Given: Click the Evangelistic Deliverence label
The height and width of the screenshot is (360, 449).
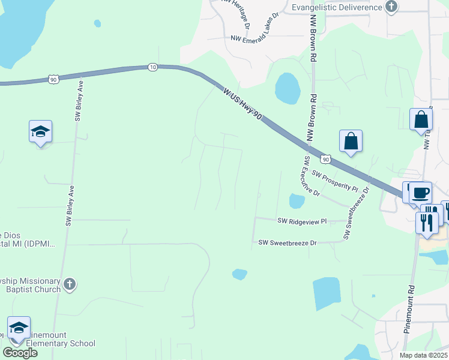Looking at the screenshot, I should pyautogui.click(x=337, y=7).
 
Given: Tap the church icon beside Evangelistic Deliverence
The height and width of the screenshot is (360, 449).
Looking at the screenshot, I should pyautogui.click(x=391, y=7).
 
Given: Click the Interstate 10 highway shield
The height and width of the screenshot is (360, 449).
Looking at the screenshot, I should pyautogui.click(x=152, y=67).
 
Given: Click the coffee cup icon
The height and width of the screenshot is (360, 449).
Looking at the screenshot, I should pyautogui.click(x=421, y=193).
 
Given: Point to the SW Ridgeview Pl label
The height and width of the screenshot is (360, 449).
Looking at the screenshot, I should pyautogui.click(x=302, y=221).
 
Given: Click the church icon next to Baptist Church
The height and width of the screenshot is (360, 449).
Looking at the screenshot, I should pyautogui.click(x=70, y=284).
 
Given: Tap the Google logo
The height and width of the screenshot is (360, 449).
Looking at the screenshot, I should pyautogui.click(x=20, y=353).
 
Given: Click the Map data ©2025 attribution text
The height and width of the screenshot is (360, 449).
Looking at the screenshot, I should pyautogui.click(x=424, y=355).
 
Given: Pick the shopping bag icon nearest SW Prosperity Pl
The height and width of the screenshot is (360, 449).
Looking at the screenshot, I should pyautogui.click(x=351, y=142).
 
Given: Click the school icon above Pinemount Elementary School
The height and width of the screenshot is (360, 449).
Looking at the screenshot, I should pyautogui.click(x=19, y=328).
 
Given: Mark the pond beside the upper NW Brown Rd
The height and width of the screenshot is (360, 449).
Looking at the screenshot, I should pyautogui.click(x=288, y=88).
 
